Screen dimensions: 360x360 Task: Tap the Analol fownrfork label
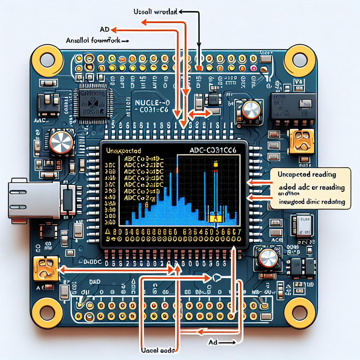[x=94, y=40]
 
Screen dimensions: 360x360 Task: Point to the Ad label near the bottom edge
[x=213, y=341]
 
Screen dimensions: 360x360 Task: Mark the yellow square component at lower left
[x=45, y=268]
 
